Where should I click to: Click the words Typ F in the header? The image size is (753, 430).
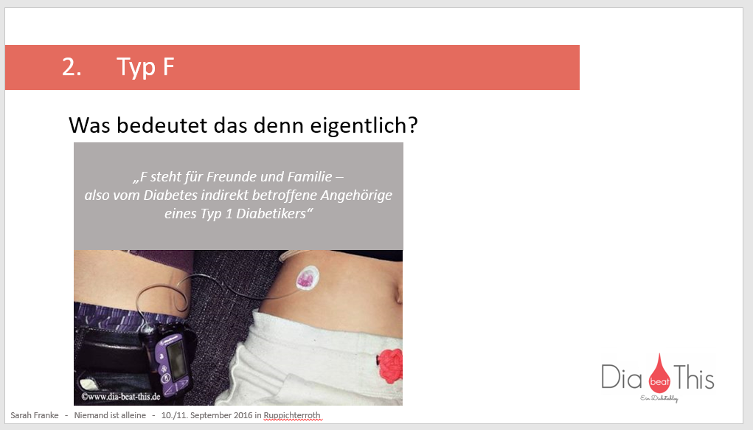pos(146,67)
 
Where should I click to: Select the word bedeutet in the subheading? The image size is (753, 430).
pos(169,125)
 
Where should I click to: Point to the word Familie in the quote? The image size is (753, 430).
pos(316,178)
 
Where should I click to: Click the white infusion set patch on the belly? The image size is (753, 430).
pos(305,278)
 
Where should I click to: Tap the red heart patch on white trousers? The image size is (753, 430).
pos(389,364)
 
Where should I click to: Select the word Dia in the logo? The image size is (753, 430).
pos(622,378)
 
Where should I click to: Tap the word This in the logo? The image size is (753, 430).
pos(693,378)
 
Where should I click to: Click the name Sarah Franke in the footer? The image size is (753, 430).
pos(34,415)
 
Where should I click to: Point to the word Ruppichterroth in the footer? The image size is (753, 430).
pos(294,415)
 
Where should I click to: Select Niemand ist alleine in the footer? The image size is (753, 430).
pos(110,415)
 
